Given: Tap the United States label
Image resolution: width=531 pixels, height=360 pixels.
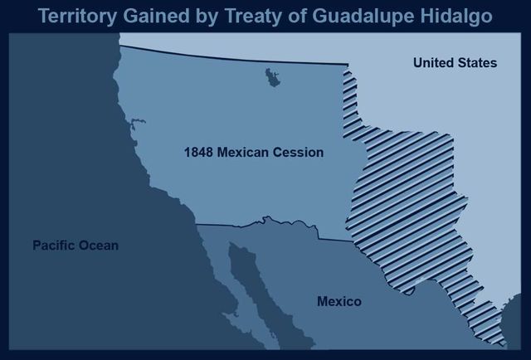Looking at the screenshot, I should pos(455,63).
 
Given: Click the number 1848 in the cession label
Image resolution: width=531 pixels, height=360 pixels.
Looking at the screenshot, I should pos(199,153).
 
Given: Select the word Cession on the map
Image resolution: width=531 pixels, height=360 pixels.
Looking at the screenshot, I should pos(299,153).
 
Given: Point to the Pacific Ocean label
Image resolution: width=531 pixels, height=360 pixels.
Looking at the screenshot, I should pos(76,246).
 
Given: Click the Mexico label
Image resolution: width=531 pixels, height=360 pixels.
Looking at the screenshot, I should pos(339,301).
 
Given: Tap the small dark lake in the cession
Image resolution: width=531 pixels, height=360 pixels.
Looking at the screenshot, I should pos(270,79).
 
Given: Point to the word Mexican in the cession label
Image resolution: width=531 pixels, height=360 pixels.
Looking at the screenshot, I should pos(246,153).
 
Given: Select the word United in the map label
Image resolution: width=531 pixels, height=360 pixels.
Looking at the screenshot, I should pos(432,63).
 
